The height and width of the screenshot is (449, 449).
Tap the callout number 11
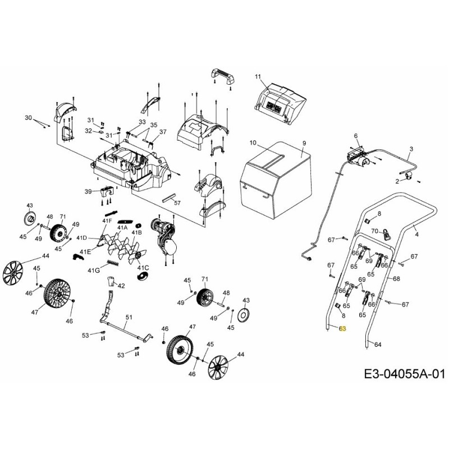point(258,76)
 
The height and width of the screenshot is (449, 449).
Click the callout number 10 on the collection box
point(253,143)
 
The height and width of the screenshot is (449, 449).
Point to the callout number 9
point(304,144)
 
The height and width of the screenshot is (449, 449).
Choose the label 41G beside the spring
point(94,271)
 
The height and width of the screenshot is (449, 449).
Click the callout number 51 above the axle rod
point(129,318)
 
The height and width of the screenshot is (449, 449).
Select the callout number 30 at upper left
point(29,118)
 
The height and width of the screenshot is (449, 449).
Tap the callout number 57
point(177,203)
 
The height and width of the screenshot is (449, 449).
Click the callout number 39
point(88,192)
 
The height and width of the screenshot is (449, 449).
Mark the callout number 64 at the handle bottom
point(378,344)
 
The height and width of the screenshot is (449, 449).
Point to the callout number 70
point(374,231)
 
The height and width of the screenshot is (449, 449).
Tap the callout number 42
point(121,286)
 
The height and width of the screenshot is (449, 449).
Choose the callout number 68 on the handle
point(396,278)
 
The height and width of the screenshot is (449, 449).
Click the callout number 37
point(163,132)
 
